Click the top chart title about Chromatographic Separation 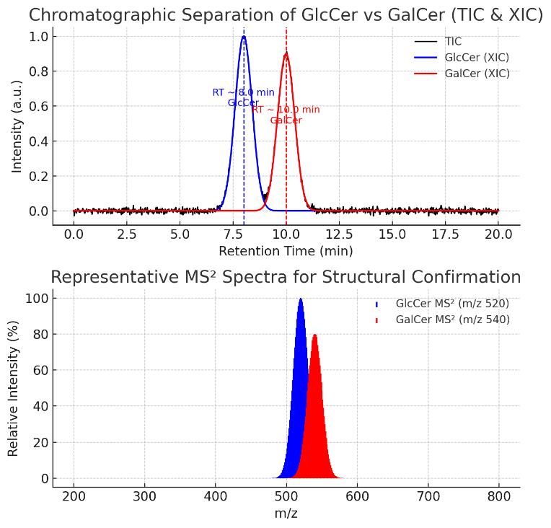pyautogui.click(x=286, y=15)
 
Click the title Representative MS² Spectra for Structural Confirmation pyautogui.click(x=286, y=278)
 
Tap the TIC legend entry pyautogui.click(x=453, y=42)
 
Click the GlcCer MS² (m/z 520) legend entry pyautogui.click(x=452, y=304)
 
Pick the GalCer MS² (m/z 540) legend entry pyautogui.click(x=452, y=320)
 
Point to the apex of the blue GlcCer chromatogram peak pyautogui.click(x=244, y=36)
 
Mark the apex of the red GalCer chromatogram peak pyautogui.click(x=286, y=53)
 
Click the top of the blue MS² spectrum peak pyautogui.click(x=301, y=299)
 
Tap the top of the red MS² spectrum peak pyautogui.click(x=314, y=335)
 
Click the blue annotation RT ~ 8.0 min pyautogui.click(x=243, y=92)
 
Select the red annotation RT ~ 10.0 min pyautogui.click(x=286, y=110)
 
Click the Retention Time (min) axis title pyautogui.click(x=286, y=251)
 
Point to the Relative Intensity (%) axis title pyautogui.click(x=14, y=388)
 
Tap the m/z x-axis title pyautogui.click(x=286, y=514)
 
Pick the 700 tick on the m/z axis pyautogui.click(x=428, y=497)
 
